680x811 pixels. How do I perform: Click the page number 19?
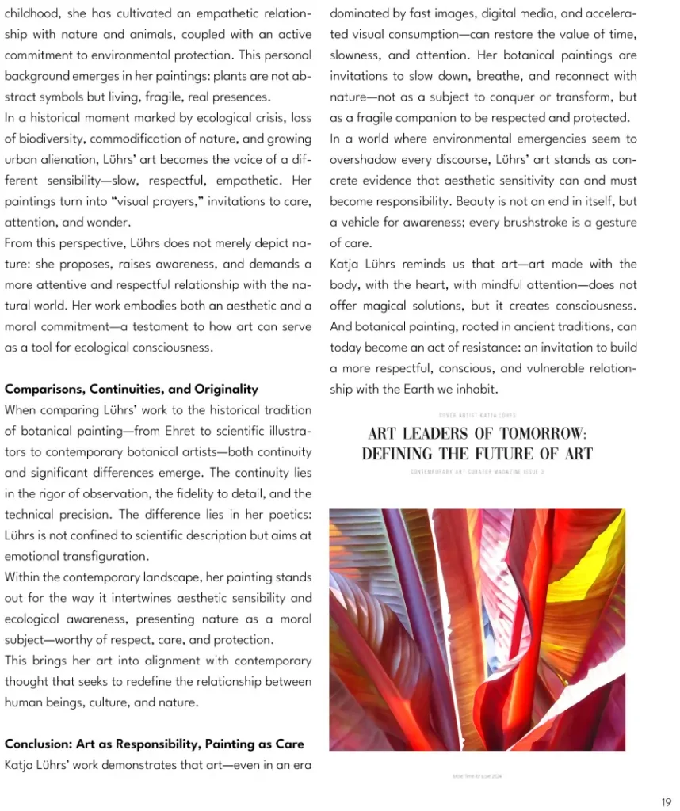pos(666,802)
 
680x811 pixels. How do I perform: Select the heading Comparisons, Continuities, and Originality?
pos(132,389)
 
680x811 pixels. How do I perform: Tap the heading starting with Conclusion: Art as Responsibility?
pos(155,744)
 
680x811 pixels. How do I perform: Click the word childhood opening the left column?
pos(33,13)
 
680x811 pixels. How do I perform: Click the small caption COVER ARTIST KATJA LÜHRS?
pos(477,415)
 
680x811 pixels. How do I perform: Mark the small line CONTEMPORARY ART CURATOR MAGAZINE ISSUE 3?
pos(477,471)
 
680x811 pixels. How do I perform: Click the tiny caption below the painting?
pos(476,776)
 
